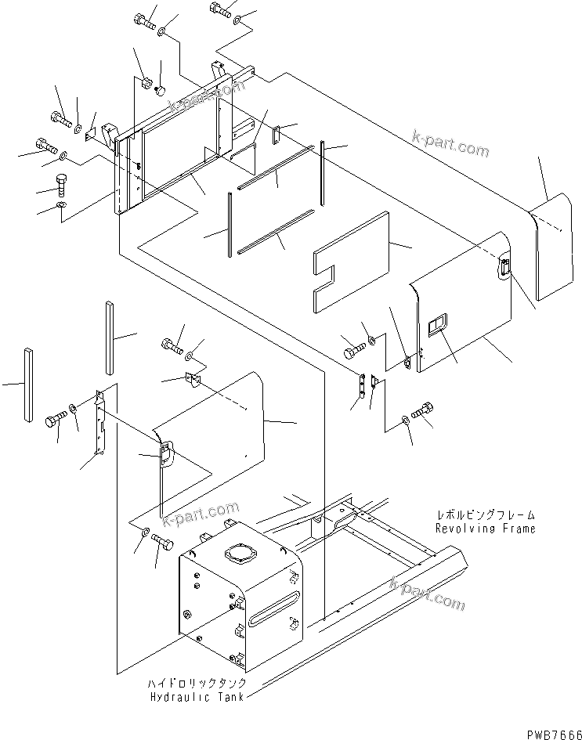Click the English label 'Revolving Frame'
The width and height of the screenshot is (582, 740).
(486, 529)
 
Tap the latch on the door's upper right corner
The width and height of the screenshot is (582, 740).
(503, 269)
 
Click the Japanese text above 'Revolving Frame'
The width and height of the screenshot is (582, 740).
(486, 515)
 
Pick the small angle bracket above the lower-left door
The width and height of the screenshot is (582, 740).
(193, 380)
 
